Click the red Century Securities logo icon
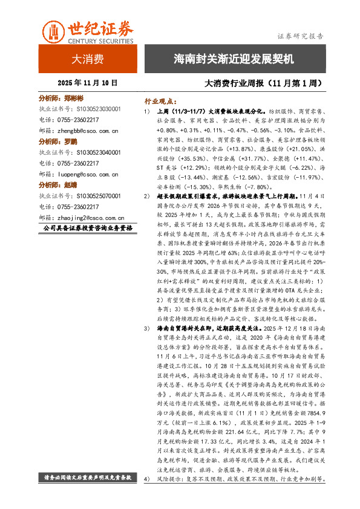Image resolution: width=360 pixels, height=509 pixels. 53,31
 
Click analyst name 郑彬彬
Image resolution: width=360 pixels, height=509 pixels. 73,98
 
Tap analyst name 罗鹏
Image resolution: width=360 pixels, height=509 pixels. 70,141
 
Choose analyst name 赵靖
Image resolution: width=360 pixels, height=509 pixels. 70,185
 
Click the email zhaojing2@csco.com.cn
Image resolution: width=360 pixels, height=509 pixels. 91,217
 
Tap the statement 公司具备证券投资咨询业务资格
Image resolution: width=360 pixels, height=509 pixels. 88,229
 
